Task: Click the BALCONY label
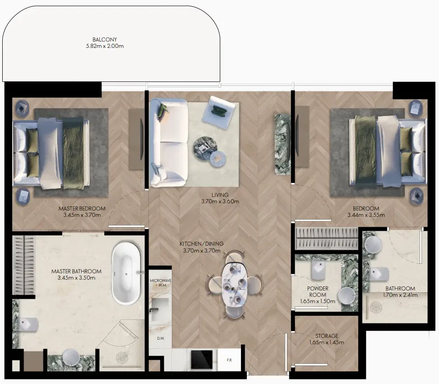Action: click(105, 40)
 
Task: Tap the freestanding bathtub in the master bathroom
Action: click(126, 274)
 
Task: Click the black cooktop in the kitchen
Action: click(202, 359)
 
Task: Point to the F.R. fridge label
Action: click(229, 360)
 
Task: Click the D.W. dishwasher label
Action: click(161, 338)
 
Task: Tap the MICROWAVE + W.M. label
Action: click(161, 282)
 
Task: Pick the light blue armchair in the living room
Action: click(218, 112)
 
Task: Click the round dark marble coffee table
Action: click(205, 149)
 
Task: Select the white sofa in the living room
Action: click(169, 142)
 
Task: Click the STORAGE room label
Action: click(327, 336)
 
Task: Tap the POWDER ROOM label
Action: click(318, 291)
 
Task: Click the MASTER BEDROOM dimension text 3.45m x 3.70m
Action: click(82, 215)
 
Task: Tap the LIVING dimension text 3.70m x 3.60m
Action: click(220, 201)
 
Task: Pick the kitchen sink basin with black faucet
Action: click(160, 309)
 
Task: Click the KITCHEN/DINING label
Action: click(202, 244)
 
